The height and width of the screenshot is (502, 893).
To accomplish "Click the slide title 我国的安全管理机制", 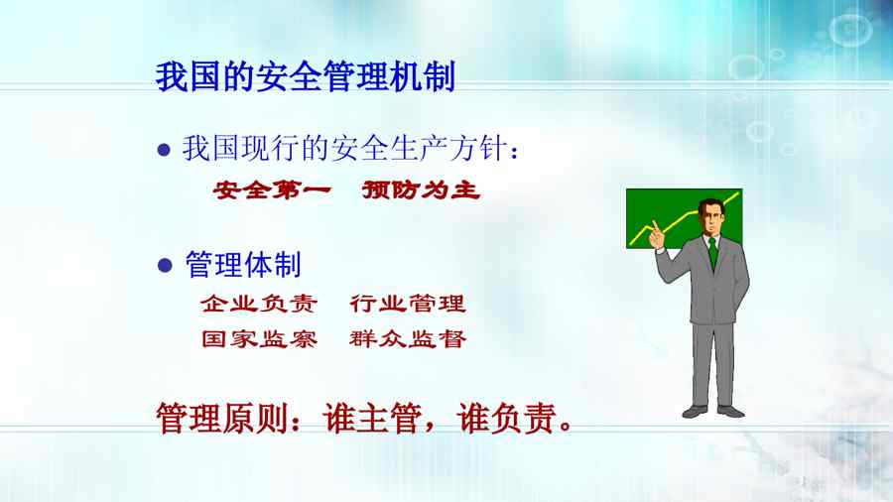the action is (x=306, y=76).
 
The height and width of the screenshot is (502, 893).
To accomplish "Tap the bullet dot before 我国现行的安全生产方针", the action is (x=164, y=150).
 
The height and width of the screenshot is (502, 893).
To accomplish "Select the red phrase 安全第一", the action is (x=272, y=189).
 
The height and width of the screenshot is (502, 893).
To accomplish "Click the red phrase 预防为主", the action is (x=421, y=189).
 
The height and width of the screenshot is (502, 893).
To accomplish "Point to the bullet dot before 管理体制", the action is (x=165, y=265).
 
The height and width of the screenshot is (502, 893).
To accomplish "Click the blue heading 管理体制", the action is (x=243, y=265).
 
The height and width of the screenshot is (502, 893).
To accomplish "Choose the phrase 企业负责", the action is (x=259, y=304).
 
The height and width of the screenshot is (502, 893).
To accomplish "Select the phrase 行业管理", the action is (x=408, y=304).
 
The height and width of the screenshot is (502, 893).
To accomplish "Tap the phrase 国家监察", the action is (x=259, y=339).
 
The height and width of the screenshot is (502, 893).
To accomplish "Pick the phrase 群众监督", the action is (x=408, y=339).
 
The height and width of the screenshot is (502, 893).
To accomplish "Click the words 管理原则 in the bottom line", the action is (x=222, y=419).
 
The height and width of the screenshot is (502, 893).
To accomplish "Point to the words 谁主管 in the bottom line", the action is (x=372, y=419).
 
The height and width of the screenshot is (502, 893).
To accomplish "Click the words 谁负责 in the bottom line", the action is (x=506, y=419).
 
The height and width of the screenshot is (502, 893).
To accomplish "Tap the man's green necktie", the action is (x=713, y=254).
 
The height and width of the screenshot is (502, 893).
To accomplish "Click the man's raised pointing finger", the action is (x=655, y=226).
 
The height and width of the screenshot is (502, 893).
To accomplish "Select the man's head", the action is (x=710, y=216).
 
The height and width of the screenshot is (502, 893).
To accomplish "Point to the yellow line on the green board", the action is (x=684, y=219).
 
